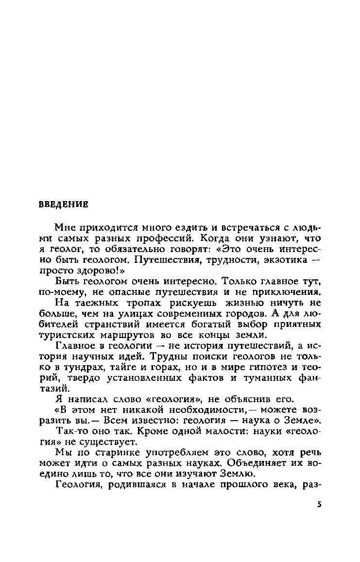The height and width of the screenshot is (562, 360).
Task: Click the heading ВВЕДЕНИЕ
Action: point(63,204)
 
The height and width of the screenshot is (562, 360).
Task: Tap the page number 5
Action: point(319,505)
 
